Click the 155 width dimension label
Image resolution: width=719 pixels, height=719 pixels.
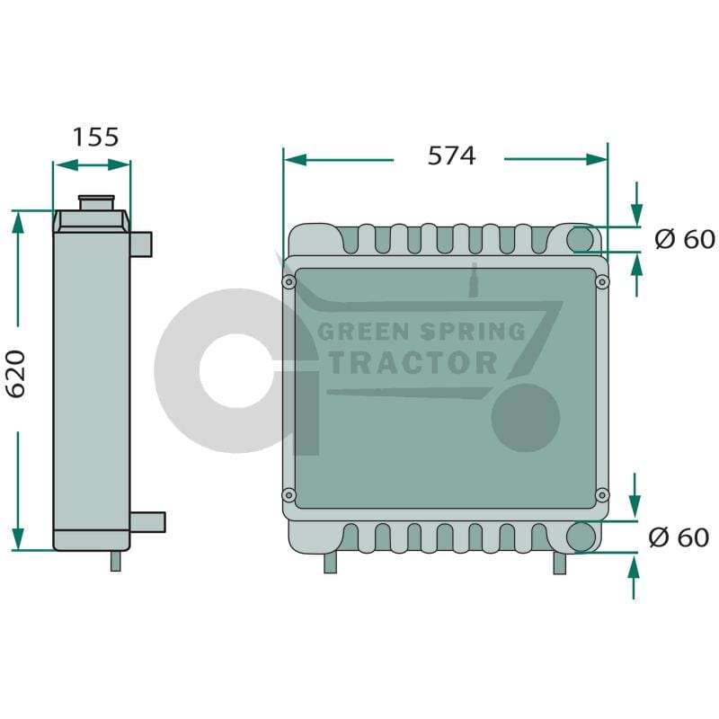pos(95,137)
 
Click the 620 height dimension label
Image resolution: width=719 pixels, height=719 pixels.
pos(16,374)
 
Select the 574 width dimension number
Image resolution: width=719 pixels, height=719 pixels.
pos(452,155)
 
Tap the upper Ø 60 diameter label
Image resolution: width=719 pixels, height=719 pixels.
pos(685,239)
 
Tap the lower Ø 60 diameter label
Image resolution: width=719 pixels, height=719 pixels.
pos(679,537)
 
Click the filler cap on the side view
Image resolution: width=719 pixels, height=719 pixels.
pos(96,203)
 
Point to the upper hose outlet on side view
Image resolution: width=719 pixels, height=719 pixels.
pos(141,244)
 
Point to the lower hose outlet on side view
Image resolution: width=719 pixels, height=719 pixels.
pos(147,522)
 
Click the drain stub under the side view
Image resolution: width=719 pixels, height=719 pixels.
pos(116,561)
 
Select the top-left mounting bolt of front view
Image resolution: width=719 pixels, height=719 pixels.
pos(288,281)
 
